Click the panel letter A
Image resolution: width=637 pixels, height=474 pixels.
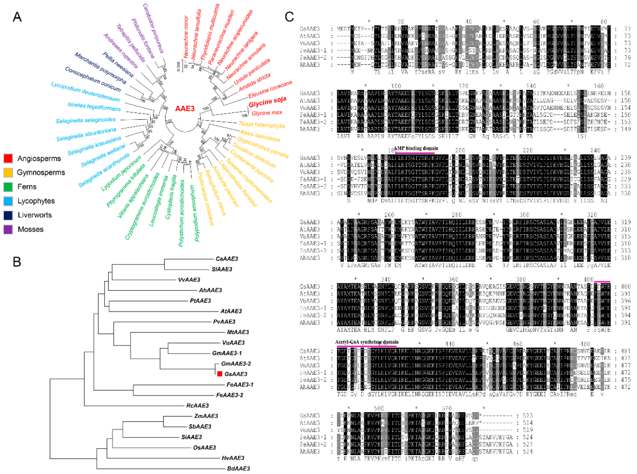pos(17,17)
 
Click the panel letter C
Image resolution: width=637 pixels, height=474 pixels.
pos(289,17)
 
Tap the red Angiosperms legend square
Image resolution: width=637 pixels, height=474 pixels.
pos(8,158)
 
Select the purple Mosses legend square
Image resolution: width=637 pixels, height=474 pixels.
pos(8,229)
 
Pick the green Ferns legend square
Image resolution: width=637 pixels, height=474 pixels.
pos(8,187)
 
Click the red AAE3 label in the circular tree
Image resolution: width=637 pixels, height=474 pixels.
pos(185,108)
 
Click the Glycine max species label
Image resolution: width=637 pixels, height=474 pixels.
pos(267,113)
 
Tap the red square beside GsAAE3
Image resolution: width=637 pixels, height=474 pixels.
pos(220,374)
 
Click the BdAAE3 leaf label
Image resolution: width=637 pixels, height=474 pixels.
pos(238,469)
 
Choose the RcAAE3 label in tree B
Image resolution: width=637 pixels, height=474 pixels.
pos(197,405)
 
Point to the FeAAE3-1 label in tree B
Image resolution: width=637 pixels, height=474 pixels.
pos(240,385)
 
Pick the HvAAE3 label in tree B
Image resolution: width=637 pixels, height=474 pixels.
pos(233,458)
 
